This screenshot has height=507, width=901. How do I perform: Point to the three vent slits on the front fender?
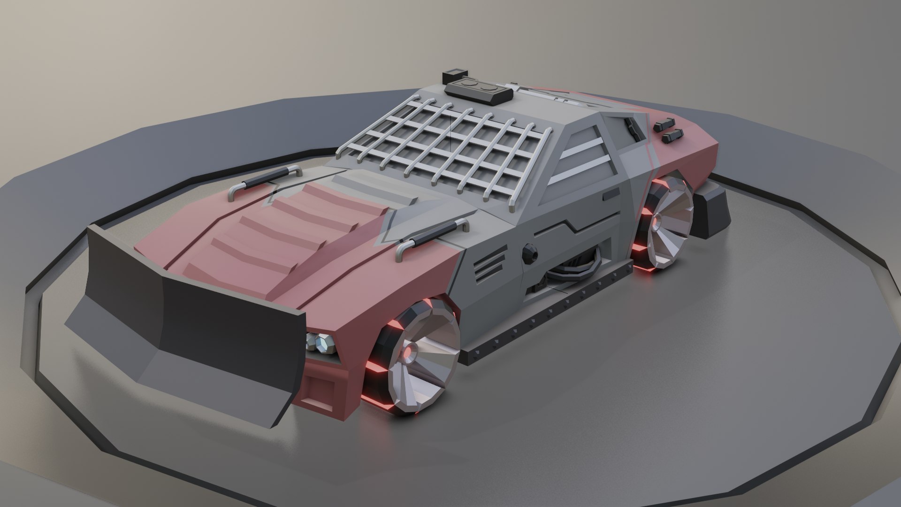pyautogui.click(x=490, y=269)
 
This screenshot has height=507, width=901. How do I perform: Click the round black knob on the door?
pyautogui.click(x=530, y=253)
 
